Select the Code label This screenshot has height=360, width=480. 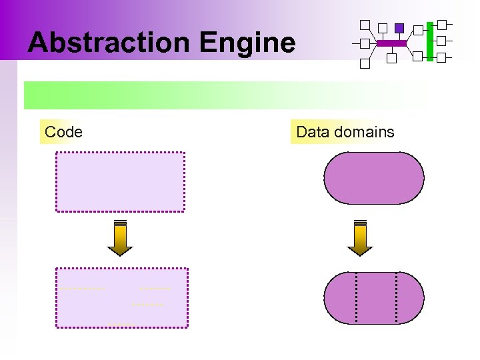[63, 132]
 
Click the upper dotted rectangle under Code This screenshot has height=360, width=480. [120, 181]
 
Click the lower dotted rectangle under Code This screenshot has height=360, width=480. [122, 297]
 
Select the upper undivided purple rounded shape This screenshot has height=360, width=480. [373, 178]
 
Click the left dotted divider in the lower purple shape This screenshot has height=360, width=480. [357, 297]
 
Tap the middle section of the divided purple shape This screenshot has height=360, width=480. [377, 297]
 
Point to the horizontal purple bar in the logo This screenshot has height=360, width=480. [391, 43]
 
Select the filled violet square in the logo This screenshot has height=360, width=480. [399, 28]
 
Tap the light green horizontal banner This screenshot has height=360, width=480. [225, 95]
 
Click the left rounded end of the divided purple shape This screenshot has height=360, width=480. [339, 297]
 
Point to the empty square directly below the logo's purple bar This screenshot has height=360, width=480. [391, 58]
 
